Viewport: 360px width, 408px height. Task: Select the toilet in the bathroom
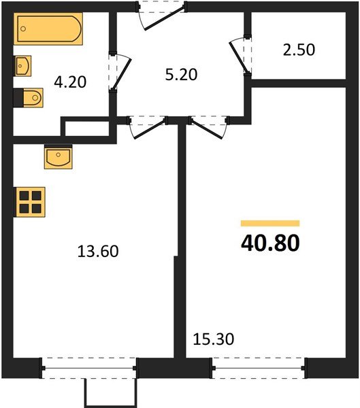pos(28,99)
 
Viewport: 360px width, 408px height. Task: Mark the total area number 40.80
pos(270,243)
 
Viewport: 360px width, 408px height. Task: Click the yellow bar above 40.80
pos(270,223)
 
